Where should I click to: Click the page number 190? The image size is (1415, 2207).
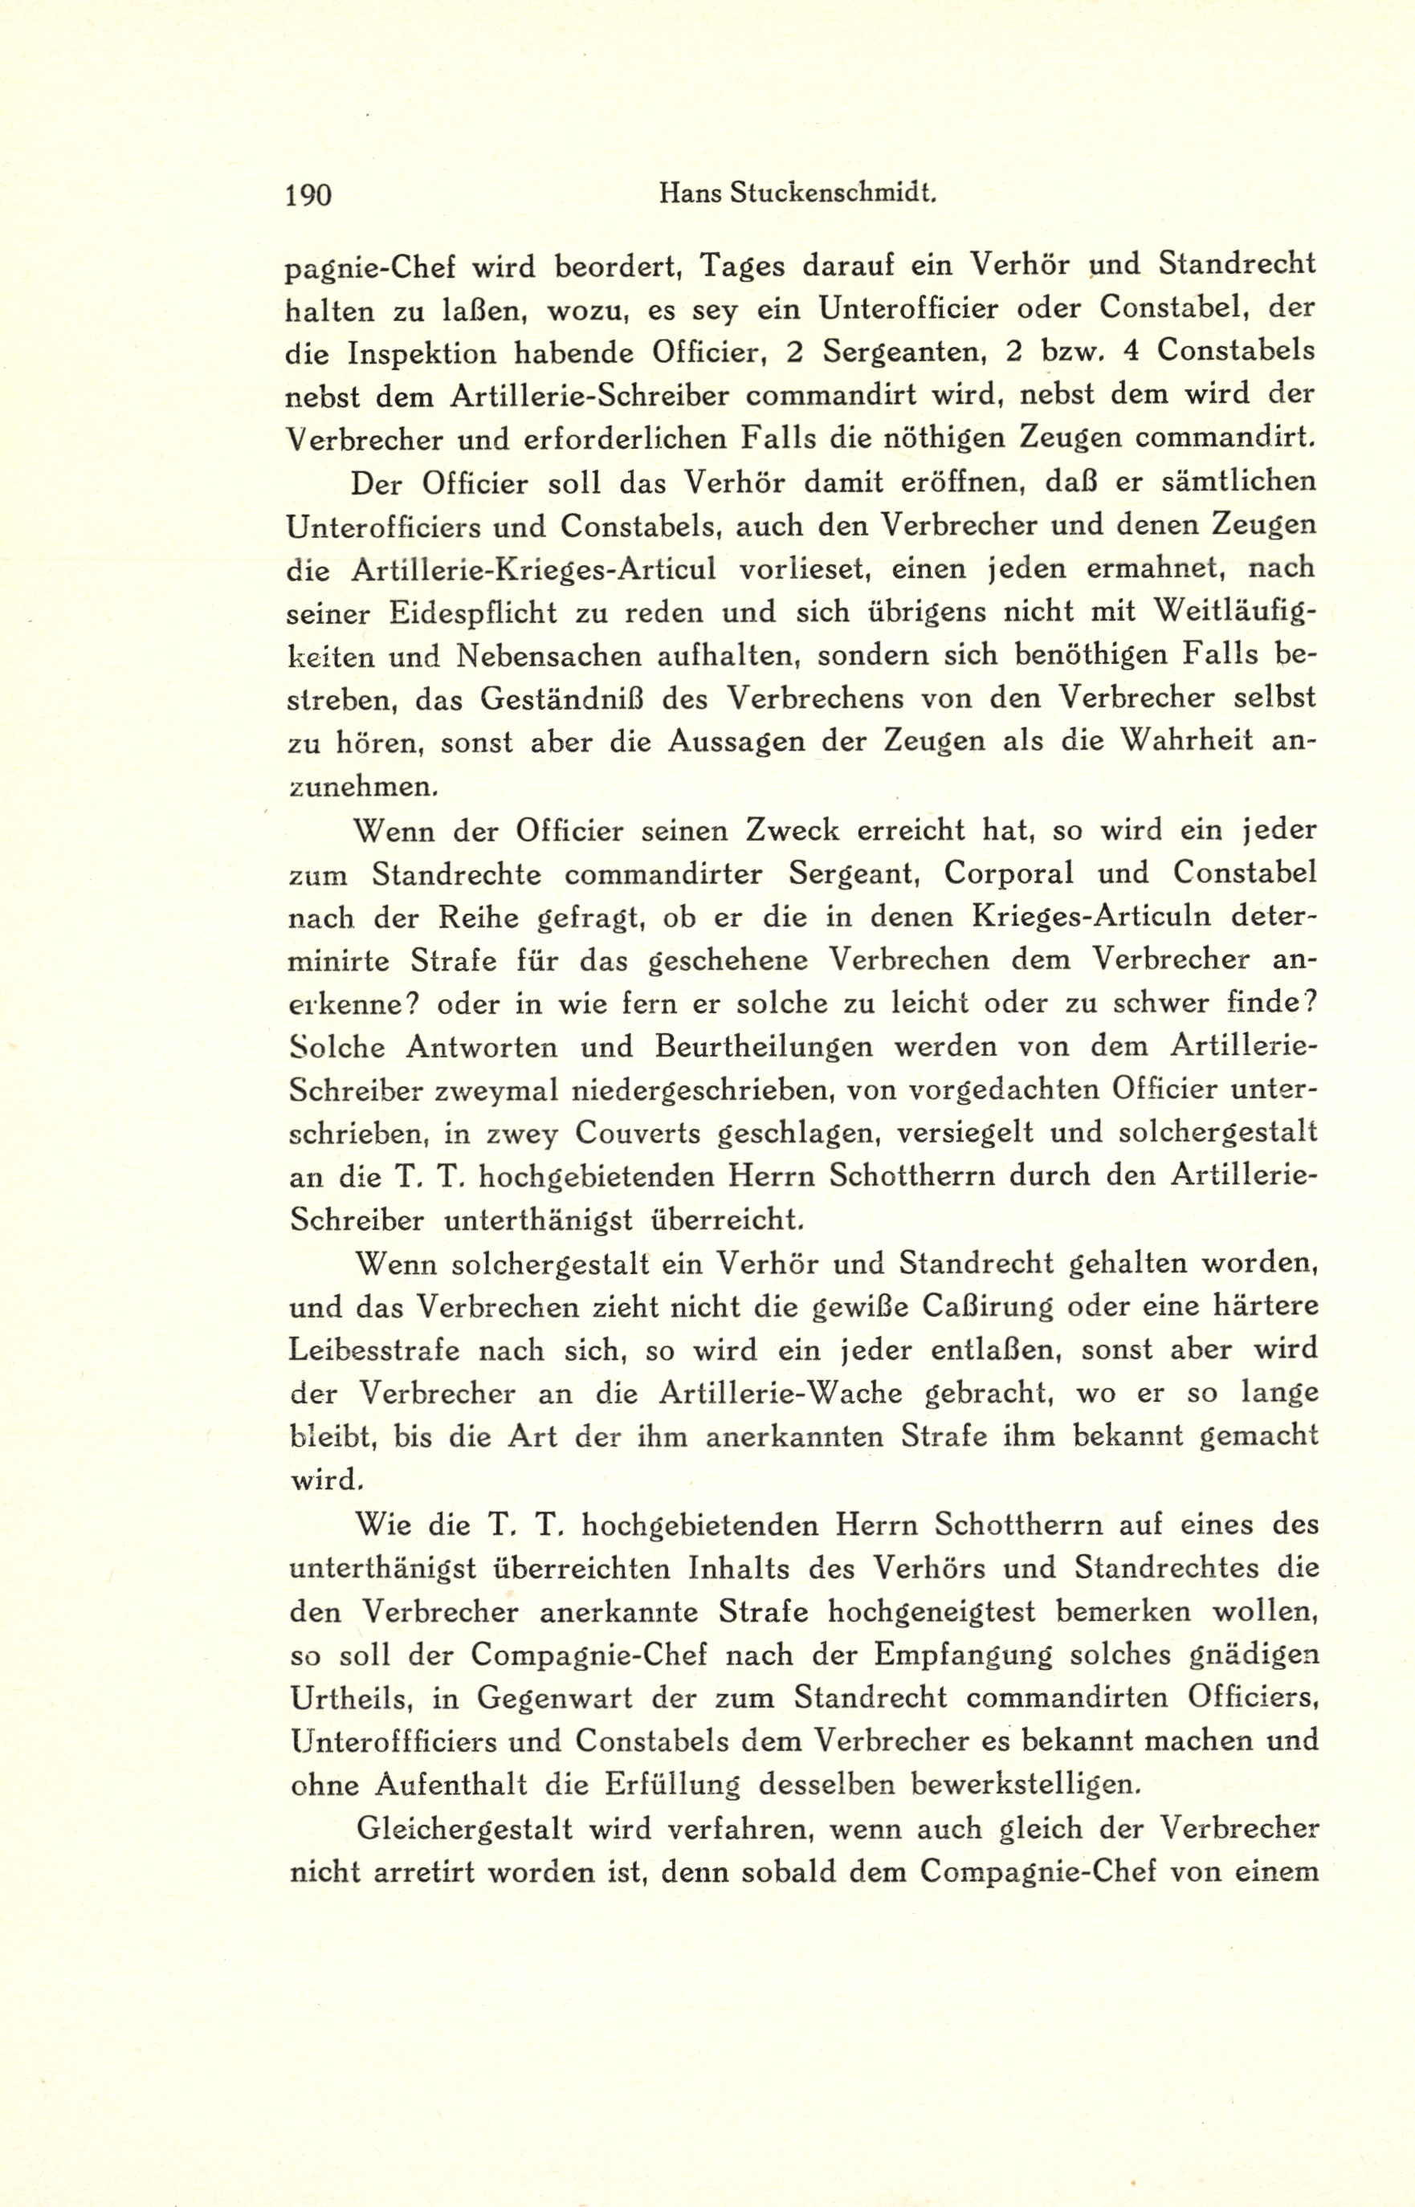click(x=308, y=196)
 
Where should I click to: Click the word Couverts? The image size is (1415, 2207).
click(x=636, y=1134)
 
